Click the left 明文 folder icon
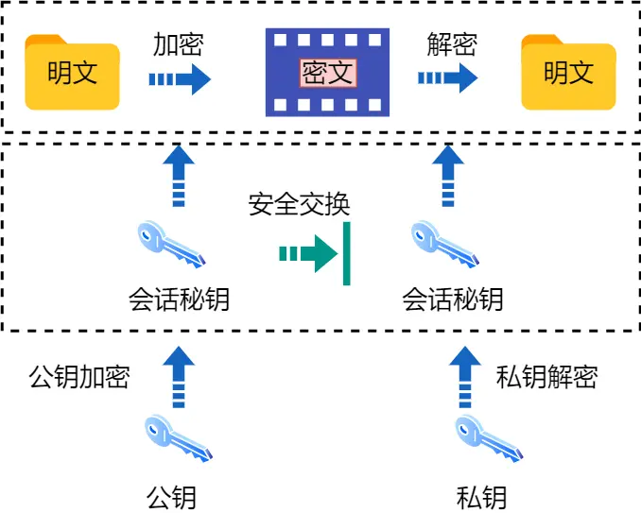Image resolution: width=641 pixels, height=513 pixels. point(73,73)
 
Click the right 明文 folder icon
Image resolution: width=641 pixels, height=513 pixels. point(568,73)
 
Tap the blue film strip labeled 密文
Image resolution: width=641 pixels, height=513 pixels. point(327,72)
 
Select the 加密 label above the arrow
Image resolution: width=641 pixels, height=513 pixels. point(179,44)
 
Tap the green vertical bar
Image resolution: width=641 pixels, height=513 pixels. point(347,253)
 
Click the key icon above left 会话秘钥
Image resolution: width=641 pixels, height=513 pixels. point(170,245)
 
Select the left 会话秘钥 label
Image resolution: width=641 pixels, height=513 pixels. point(179,299)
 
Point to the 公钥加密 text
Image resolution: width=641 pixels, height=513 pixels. point(79,377)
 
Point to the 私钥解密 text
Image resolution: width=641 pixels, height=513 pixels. point(547,377)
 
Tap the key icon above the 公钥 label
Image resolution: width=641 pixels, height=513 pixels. point(178,438)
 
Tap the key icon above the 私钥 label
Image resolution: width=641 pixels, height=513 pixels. point(488,438)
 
